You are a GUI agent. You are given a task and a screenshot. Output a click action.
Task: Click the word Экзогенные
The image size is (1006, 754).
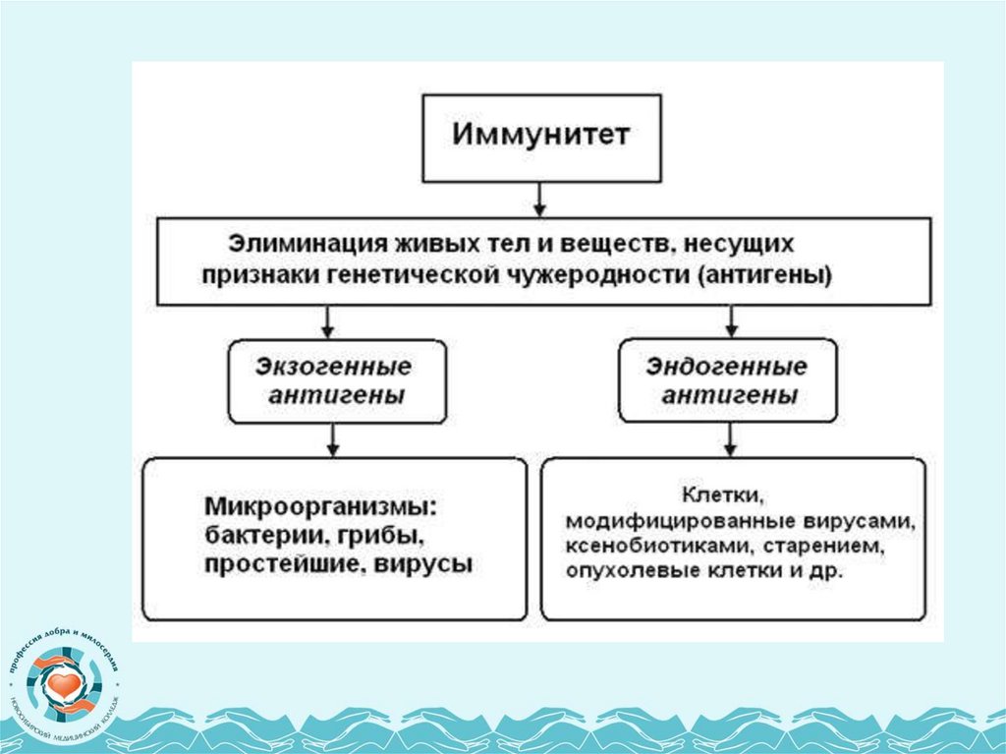coord(334,368)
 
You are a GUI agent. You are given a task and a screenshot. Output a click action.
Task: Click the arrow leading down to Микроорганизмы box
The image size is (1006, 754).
coord(334,440)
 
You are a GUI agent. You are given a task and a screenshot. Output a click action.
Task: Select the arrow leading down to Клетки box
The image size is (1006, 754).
coord(731,440)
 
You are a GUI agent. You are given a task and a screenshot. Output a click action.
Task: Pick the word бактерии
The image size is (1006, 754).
coord(253,537)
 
